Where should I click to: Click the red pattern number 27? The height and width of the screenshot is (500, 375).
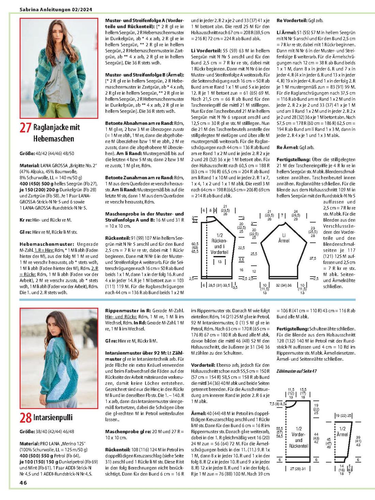tap(26, 127)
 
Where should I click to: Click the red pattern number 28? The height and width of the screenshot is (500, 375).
tap(26, 418)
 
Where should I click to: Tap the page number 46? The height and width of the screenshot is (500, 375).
tap(23, 483)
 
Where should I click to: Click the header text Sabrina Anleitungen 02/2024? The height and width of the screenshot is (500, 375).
tap(56, 10)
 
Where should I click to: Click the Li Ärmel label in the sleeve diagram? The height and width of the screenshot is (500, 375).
tap(284, 238)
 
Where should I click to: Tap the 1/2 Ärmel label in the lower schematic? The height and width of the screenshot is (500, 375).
tap(342, 431)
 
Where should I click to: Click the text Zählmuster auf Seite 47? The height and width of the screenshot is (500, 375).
tap(296, 371)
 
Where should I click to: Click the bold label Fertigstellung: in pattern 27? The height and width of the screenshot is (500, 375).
tap(294, 160)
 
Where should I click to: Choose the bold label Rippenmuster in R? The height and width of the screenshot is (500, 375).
tap(128, 310)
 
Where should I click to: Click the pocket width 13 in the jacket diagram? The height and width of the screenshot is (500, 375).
tap(220, 262)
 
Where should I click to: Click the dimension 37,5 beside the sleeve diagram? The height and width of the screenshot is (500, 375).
tap(313, 258)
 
